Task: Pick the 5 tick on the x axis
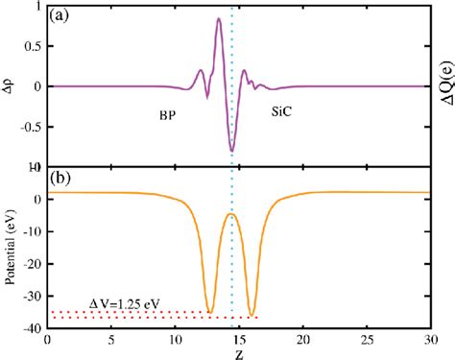pyautogui.click(x=109, y=340)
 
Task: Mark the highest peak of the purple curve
pyautogui.click(x=219, y=19)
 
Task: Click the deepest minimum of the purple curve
pyautogui.click(x=231, y=151)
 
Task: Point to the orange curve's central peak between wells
pyautogui.click(x=231, y=213)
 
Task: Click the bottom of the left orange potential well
pyautogui.click(x=210, y=311)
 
